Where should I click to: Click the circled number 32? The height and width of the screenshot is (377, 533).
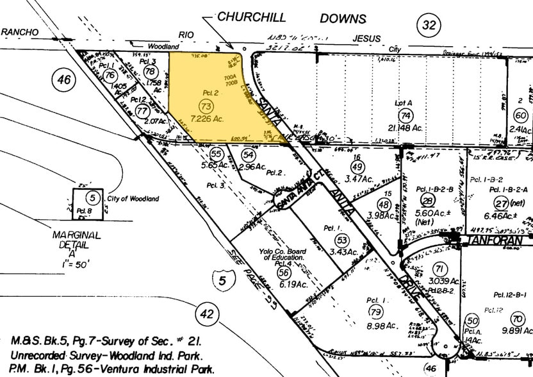(x=429, y=26)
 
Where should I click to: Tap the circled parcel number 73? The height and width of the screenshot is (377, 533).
(x=206, y=105)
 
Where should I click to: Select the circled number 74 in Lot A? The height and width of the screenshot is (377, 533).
(x=404, y=115)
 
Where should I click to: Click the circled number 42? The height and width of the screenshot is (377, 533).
(x=206, y=314)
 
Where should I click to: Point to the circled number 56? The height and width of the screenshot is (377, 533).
(x=283, y=272)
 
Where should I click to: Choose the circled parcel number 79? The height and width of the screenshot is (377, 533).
(x=375, y=313)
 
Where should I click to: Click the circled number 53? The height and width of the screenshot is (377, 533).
(x=341, y=240)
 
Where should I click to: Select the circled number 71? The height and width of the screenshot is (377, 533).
(x=439, y=268)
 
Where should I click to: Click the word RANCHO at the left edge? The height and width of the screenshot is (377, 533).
(x=20, y=31)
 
